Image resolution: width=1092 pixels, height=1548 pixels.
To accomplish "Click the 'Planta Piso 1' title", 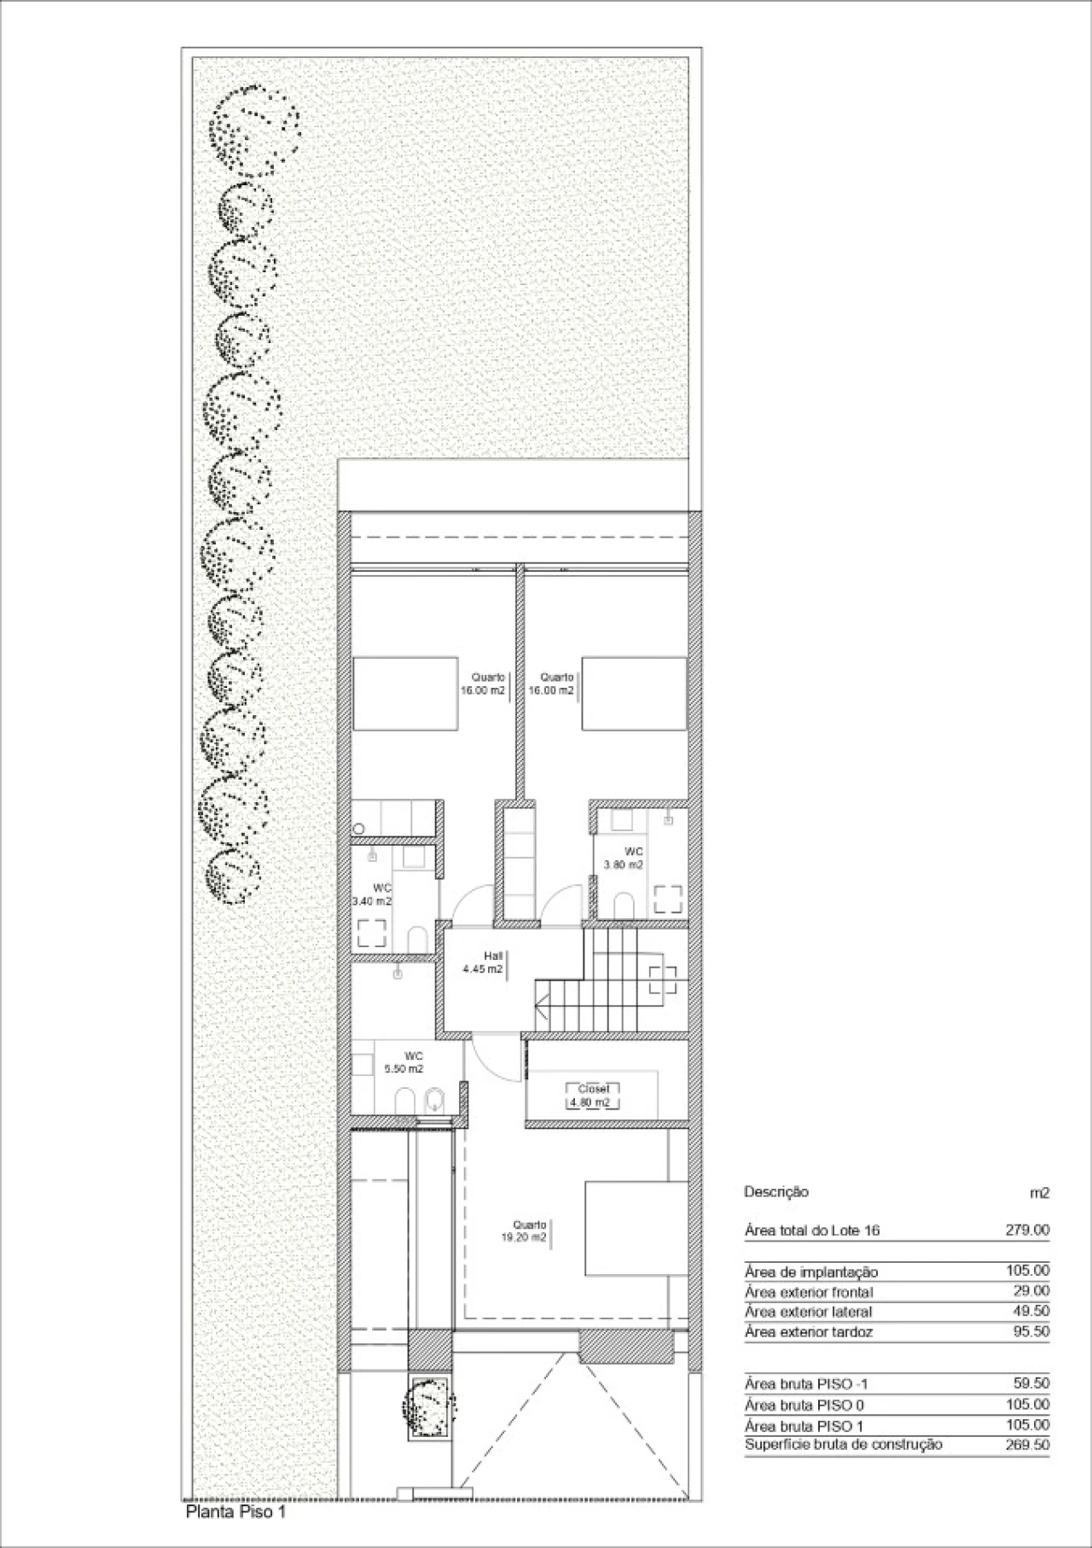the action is click(x=235, y=1512).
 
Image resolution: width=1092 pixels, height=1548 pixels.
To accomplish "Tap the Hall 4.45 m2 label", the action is click(x=483, y=963).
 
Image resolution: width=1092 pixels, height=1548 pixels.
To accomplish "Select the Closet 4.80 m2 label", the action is click(x=594, y=1096).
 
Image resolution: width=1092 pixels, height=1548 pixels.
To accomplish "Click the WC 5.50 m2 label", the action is click(x=404, y=1062).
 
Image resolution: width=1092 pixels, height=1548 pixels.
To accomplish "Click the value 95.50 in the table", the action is click(x=1031, y=1331).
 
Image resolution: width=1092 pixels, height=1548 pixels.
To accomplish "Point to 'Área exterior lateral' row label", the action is click(x=809, y=1312).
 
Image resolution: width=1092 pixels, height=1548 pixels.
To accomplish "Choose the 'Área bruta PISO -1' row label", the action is click(x=806, y=1384).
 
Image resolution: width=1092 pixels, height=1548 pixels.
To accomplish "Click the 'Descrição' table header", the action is click(x=776, y=1192).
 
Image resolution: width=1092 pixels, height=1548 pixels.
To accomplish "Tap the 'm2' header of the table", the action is click(x=1040, y=1193).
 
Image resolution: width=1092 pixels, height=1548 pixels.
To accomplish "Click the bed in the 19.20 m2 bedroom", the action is click(x=636, y=1228).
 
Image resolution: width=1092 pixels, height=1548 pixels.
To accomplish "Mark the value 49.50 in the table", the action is click(x=1031, y=1311).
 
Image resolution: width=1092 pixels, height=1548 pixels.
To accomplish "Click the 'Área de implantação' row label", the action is click(x=811, y=1272).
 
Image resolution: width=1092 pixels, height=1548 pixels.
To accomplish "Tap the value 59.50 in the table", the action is click(x=1031, y=1383).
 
